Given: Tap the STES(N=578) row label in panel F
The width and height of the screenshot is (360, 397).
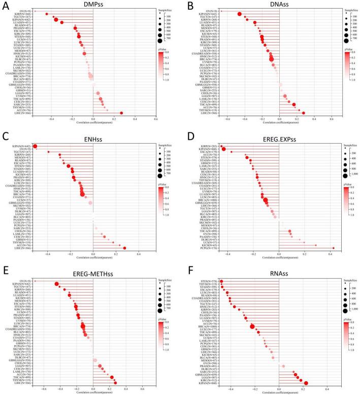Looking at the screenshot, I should click(x=210, y=280).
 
